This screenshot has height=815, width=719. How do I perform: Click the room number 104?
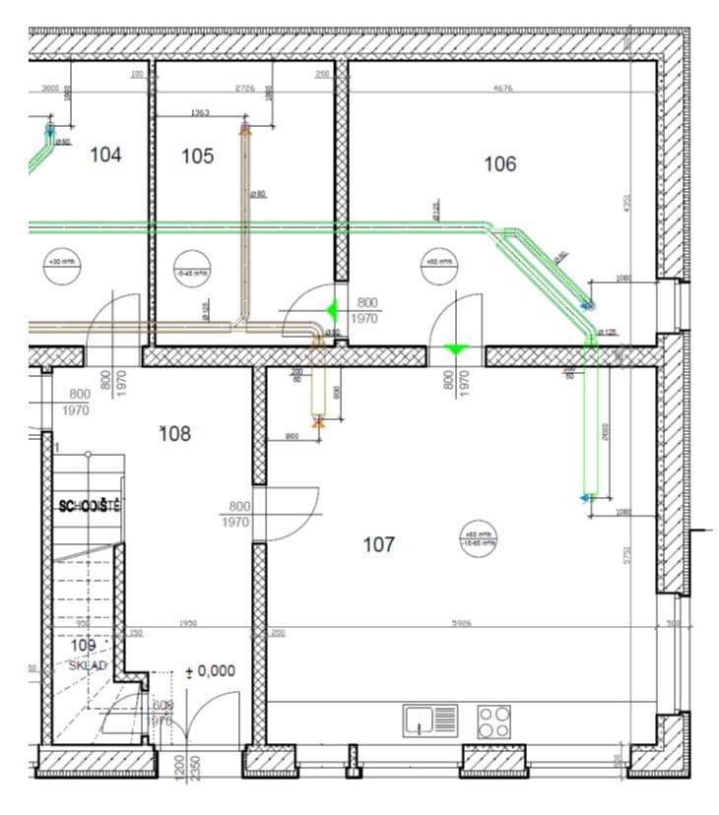(x=105, y=155)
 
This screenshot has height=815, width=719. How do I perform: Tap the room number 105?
(x=197, y=156)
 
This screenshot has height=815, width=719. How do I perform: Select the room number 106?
(x=499, y=164)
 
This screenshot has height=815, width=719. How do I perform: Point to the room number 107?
(x=379, y=543)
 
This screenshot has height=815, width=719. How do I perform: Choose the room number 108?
(x=175, y=433)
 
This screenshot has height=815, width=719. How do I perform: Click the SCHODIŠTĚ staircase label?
(x=90, y=506)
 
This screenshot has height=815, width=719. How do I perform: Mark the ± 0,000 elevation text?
(x=211, y=670)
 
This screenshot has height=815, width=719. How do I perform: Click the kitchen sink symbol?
(x=430, y=721)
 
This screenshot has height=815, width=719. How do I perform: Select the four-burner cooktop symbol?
(x=494, y=721)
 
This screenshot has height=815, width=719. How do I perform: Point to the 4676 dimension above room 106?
(x=503, y=89)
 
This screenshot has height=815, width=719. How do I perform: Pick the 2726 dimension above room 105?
(x=245, y=89)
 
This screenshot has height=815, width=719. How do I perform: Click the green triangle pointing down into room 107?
(x=455, y=349)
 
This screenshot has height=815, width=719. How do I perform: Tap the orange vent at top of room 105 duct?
(x=245, y=128)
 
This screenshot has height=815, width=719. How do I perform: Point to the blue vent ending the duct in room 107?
(x=587, y=498)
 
